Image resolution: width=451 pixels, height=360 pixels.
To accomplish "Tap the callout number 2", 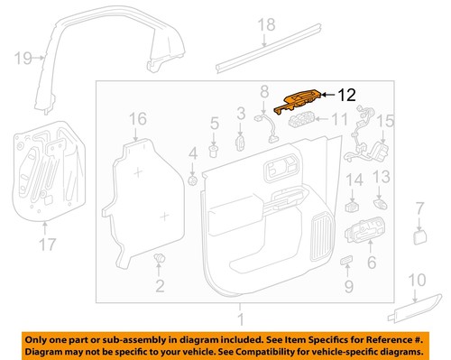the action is (x=160, y=287).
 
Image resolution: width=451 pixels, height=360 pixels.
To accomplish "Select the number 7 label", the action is (x=419, y=209).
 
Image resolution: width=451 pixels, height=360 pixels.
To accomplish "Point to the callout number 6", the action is (x=370, y=262).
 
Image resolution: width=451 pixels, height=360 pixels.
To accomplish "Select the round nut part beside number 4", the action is (x=192, y=180).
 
